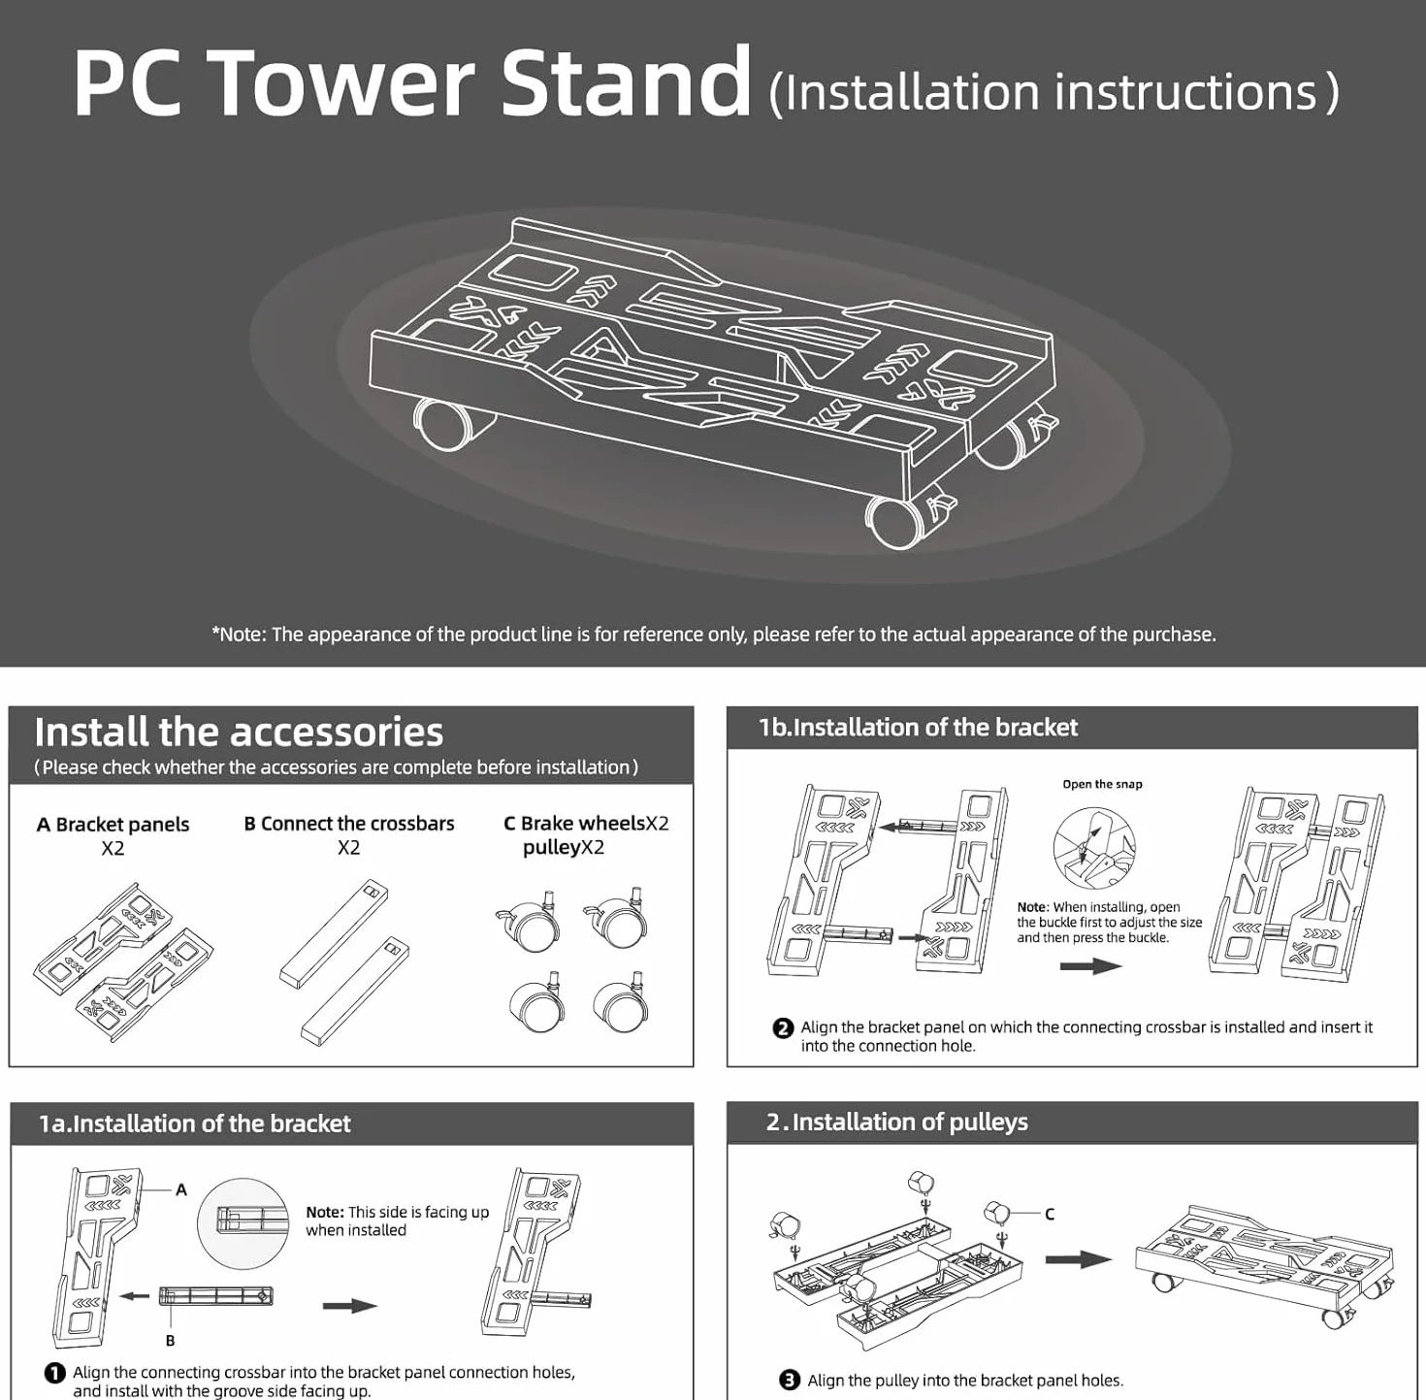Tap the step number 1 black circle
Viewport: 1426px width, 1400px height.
click(x=54, y=1374)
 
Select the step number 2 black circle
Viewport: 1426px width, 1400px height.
click(x=783, y=1028)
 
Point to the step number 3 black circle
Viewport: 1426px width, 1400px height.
click(x=791, y=1380)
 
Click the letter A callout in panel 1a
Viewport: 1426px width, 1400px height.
click(x=181, y=1189)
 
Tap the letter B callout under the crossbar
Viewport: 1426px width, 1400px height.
click(x=170, y=1340)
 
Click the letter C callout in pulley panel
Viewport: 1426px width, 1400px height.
click(x=1050, y=1214)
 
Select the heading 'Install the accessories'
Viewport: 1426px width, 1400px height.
click(x=239, y=732)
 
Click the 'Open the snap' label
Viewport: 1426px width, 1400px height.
click(x=1102, y=784)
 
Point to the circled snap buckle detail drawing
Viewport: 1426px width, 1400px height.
click(x=1093, y=848)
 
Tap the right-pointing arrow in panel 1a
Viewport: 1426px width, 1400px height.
click(x=350, y=1306)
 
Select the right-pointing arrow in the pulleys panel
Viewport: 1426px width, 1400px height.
click(x=1078, y=1259)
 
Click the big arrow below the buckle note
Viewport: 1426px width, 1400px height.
click(x=1090, y=966)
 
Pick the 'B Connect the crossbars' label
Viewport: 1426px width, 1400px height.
click(x=349, y=824)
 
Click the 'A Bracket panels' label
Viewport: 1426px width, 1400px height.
click(x=113, y=824)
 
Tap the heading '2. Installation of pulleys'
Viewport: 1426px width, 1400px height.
click(x=897, y=1123)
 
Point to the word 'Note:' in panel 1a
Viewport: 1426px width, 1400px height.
click(x=325, y=1212)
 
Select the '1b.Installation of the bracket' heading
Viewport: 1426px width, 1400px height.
click(x=918, y=727)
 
